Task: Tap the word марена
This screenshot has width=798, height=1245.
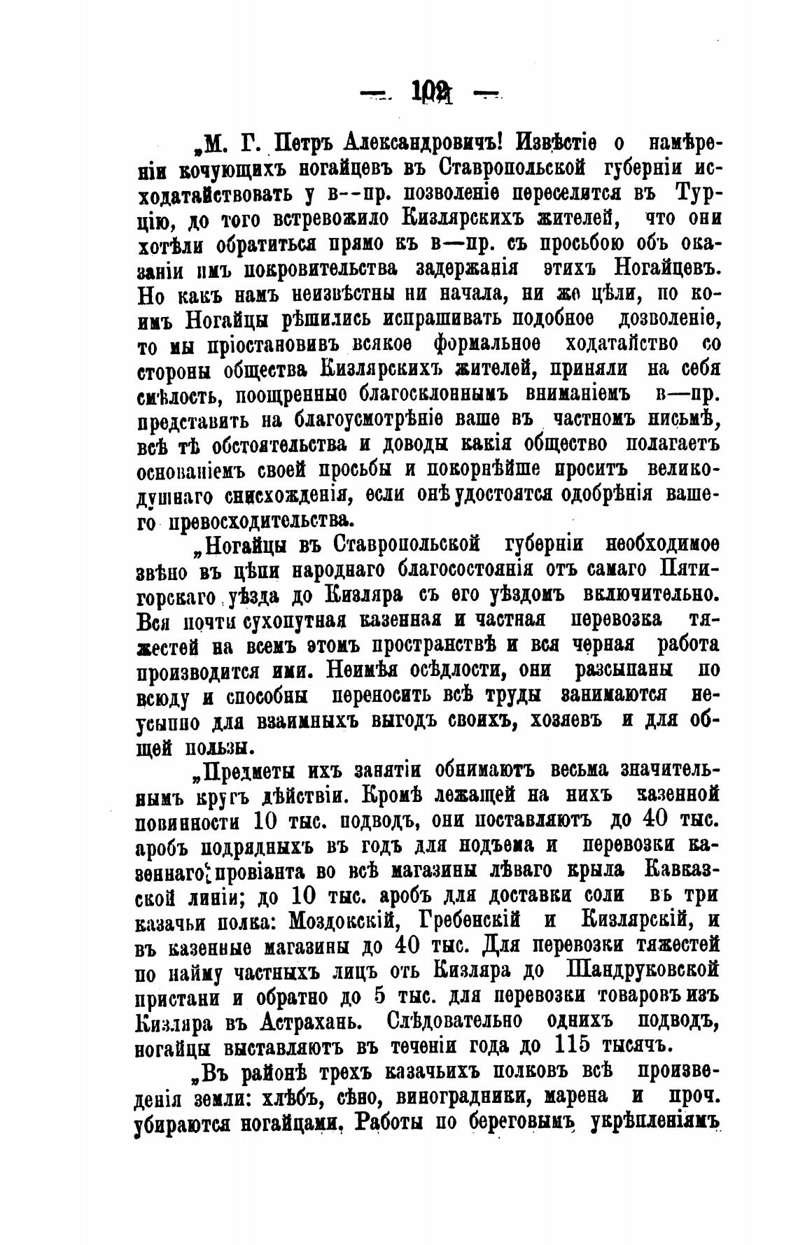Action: click(572, 1098)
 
